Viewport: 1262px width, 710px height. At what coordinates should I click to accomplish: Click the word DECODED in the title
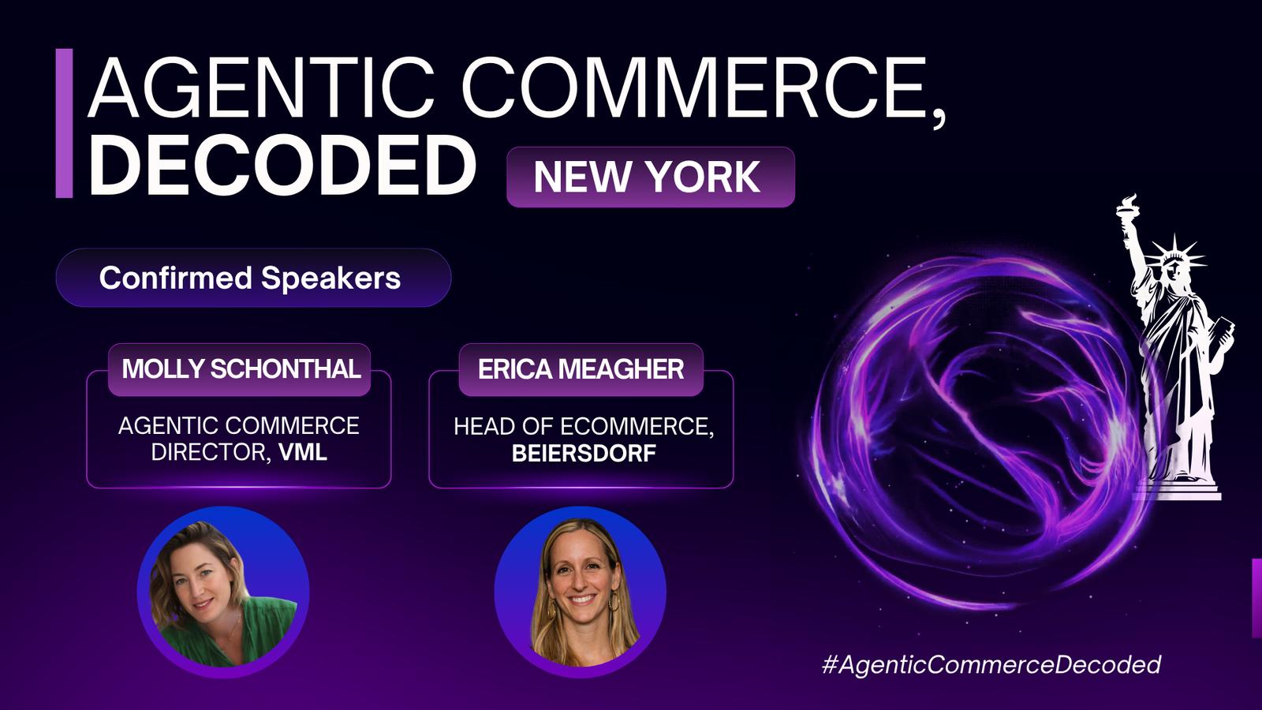[282, 166]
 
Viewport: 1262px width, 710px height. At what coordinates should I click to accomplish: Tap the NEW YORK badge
[651, 177]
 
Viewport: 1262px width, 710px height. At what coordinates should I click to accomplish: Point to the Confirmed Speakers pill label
[253, 277]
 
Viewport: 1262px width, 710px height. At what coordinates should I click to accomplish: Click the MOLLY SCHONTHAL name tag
[240, 370]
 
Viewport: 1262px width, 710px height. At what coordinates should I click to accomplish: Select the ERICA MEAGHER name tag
[581, 370]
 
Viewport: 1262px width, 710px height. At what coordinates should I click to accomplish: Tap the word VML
[303, 453]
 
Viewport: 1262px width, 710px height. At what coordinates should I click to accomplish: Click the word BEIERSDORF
[584, 454]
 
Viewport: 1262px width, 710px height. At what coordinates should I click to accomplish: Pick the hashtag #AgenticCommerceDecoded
[991, 664]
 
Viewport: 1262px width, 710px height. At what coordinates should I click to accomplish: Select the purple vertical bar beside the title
[64, 123]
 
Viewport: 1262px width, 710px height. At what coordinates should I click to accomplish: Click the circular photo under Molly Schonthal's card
[223, 592]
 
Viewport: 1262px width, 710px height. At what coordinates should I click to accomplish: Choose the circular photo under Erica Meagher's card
[581, 592]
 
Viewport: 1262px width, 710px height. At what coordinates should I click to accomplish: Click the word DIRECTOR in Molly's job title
[208, 453]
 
